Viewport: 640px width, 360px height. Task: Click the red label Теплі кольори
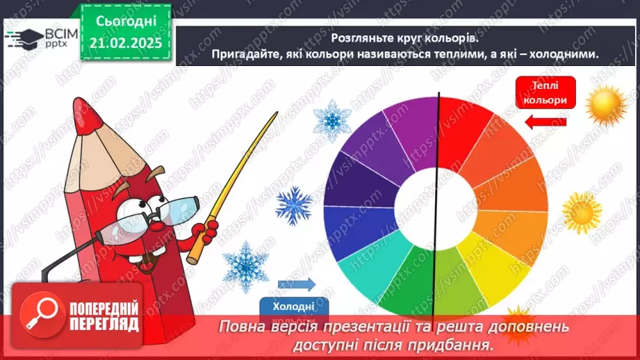click(x=545, y=93)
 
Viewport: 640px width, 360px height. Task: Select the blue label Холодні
click(x=295, y=306)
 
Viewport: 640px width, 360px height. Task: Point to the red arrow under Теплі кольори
click(x=545, y=123)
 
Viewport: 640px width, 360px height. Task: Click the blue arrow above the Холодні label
click(x=295, y=284)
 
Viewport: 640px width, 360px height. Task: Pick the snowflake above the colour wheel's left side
click(x=331, y=118)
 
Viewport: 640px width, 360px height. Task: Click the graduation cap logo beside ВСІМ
click(x=23, y=38)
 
